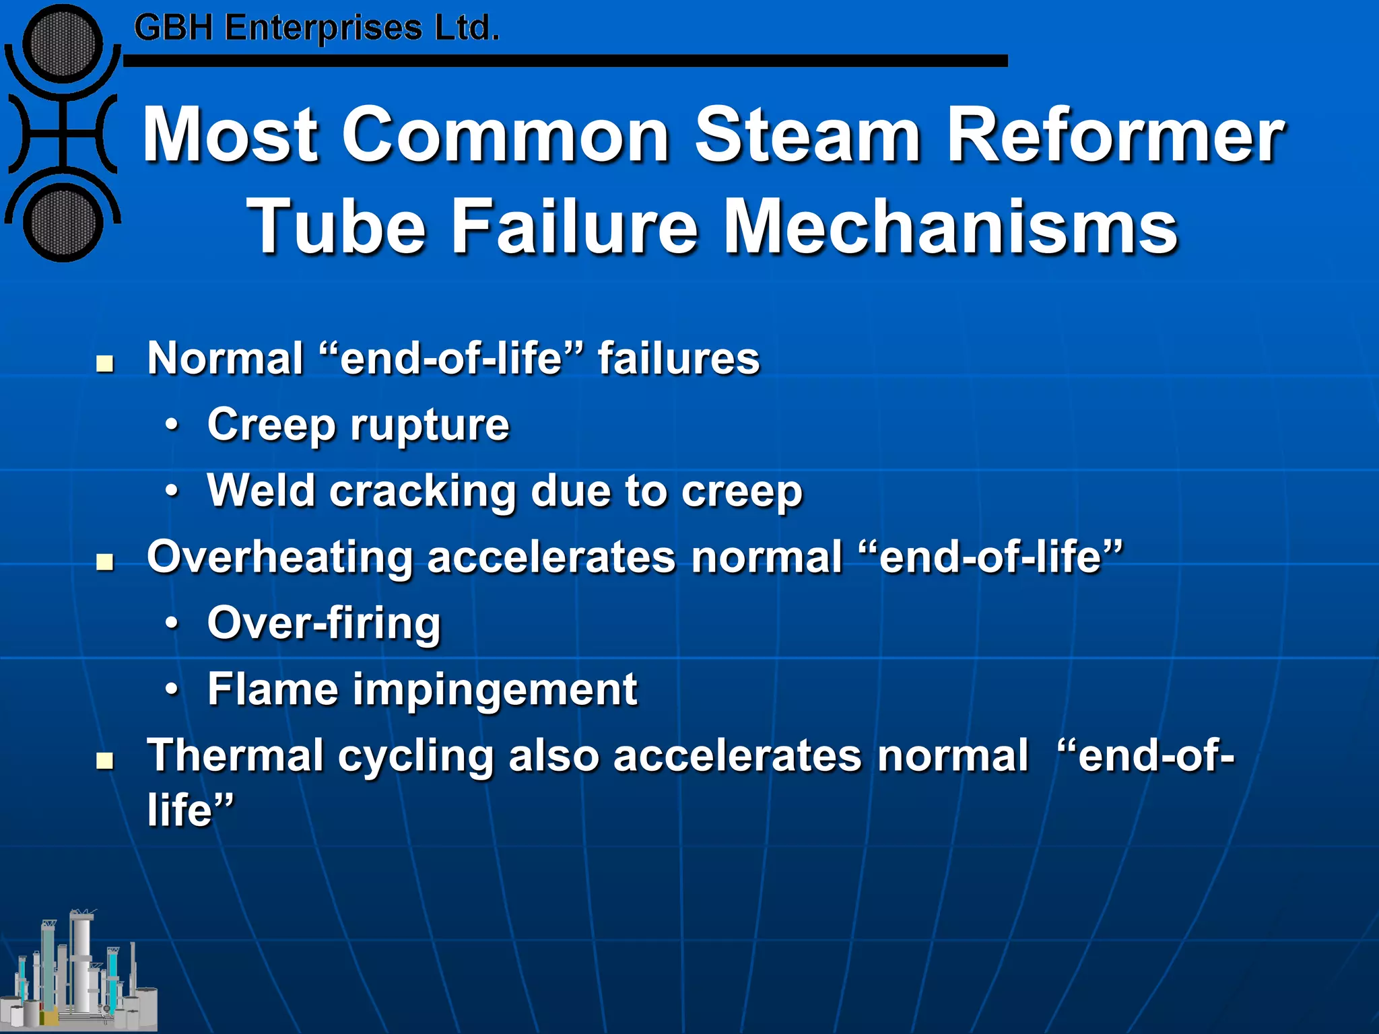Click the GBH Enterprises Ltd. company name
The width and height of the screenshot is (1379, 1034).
click(x=316, y=28)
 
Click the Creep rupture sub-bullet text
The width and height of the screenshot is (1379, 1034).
click(x=358, y=425)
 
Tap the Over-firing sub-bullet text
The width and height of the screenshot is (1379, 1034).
click(x=324, y=623)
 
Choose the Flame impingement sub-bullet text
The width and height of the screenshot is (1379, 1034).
click(x=422, y=689)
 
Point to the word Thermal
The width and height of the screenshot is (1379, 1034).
click(x=236, y=755)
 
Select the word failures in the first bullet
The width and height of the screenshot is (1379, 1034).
click(x=679, y=358)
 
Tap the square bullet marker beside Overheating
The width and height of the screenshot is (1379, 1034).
click(x=104, y=562)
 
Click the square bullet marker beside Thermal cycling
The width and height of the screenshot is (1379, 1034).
click(x=104, y=761)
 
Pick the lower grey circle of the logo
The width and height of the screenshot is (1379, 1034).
click(x=63, y=223)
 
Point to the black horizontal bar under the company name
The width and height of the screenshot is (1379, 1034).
click(x=566, y=61)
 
